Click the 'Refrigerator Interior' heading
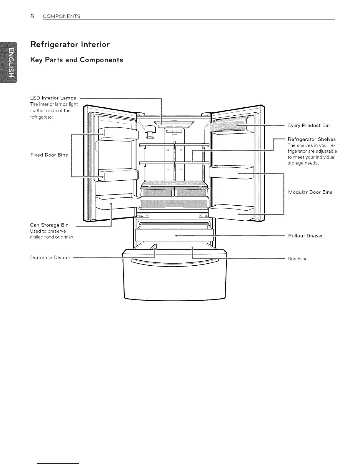[x=70, y=45]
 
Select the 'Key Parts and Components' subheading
[x=76, y=60]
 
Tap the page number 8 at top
[x=32, y=16]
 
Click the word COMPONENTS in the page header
[x=61, y=16]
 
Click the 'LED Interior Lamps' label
[x=53, y=98]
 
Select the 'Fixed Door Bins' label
[x=49, y=155]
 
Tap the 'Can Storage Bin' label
[x=49, y=225]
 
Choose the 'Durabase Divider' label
[x=50, y=257]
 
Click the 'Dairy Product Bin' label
[x=309, y=125]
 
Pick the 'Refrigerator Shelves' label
[x=311, y=139]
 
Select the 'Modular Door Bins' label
[x=310, y=192]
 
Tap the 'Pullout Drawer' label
[x=305, y=236]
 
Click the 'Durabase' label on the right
[x=297, y=259]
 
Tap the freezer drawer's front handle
[x=175, y=262]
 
